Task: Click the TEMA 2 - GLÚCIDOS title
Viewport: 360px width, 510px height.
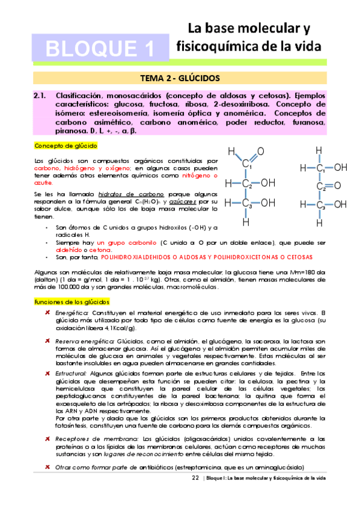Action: (180, 79)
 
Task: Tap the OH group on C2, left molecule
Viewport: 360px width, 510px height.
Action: (268, 182)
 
